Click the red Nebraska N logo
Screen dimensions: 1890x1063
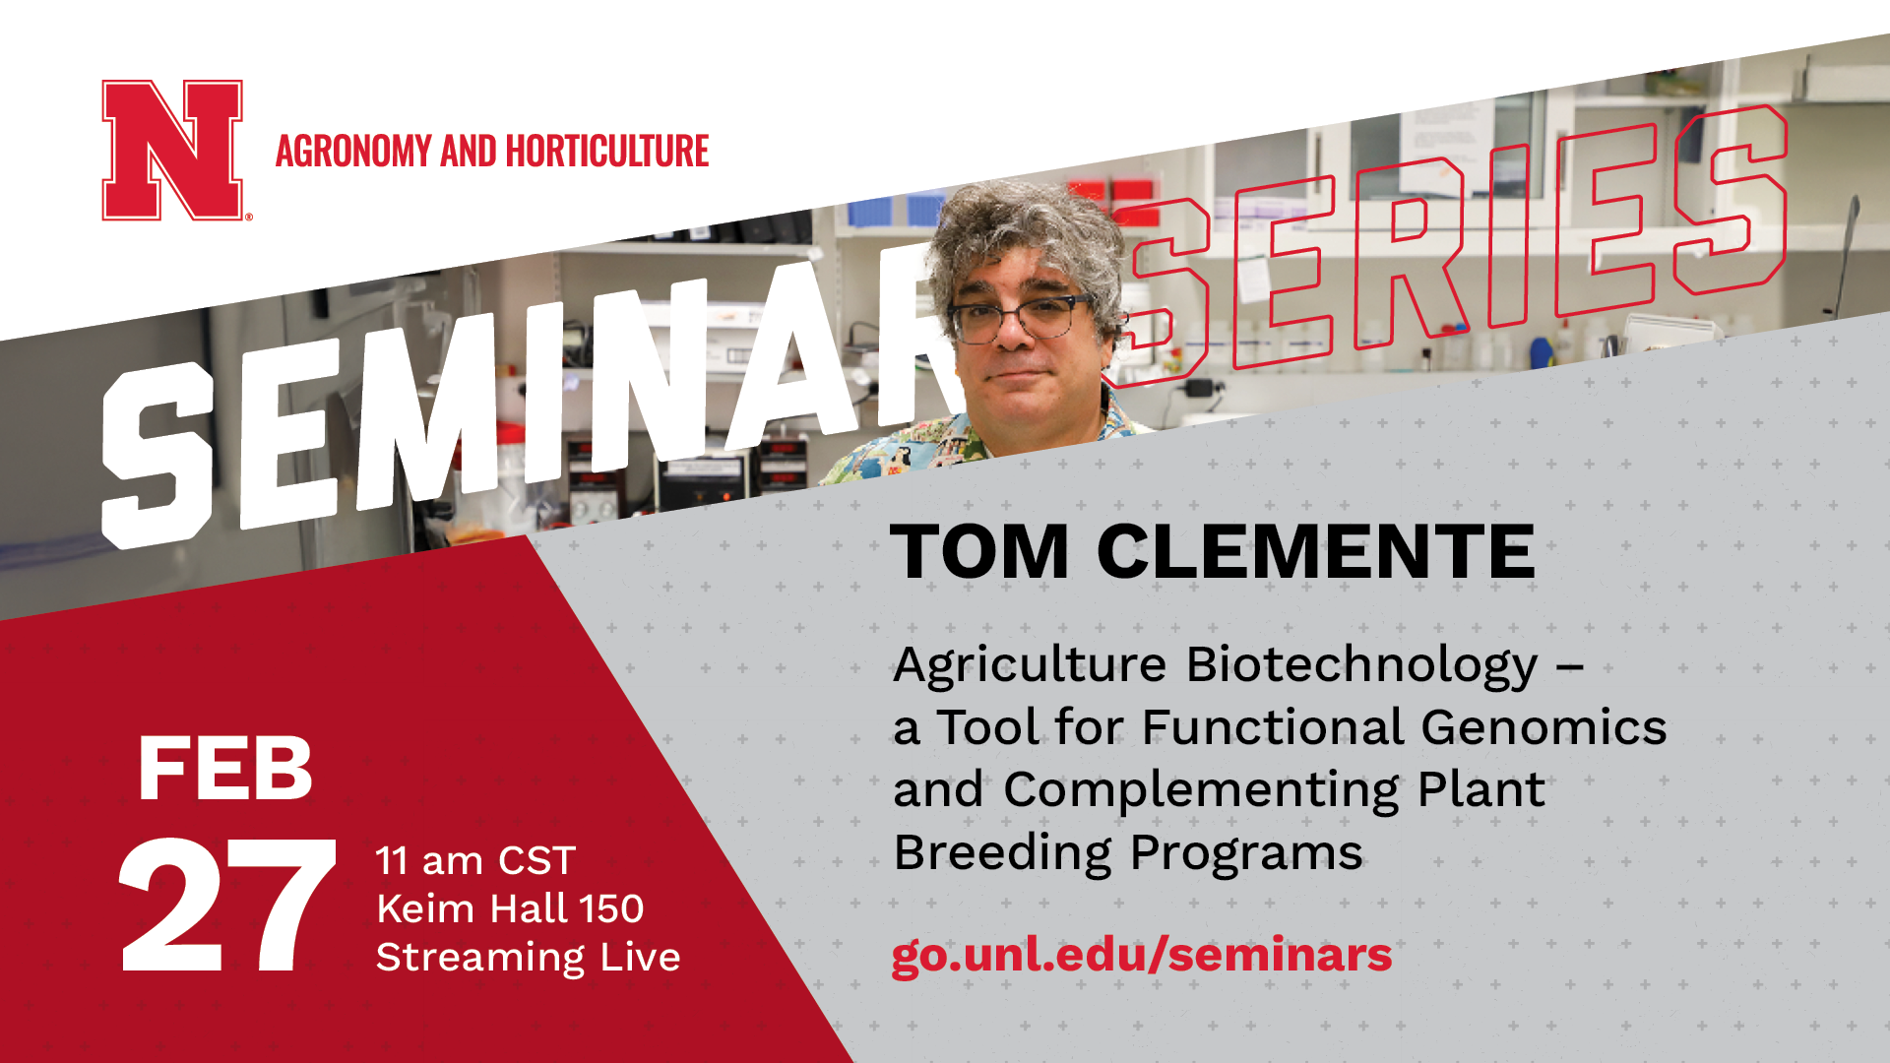click(x=172, y=150)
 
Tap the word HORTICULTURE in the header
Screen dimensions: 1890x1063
click(x=607, y=152)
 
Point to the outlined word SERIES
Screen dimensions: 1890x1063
click(x=1447, y=246)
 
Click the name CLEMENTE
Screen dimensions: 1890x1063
click(x=1315, y=551)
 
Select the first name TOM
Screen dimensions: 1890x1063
click(x=979, y=551)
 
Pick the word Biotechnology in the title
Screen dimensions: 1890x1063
click(x=1362, y=667)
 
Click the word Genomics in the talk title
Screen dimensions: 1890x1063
click(x=1543, y=728)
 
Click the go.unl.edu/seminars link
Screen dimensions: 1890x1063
click(x=1142, y=955)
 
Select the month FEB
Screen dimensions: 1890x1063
click(x=225, y=769)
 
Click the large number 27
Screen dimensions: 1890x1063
click(x=227, y=907)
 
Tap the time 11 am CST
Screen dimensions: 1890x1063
click(x=475, y=861)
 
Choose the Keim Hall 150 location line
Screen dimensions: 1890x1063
click(x=510, y=908)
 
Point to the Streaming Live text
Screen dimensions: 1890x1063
click(x=529, y=958)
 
